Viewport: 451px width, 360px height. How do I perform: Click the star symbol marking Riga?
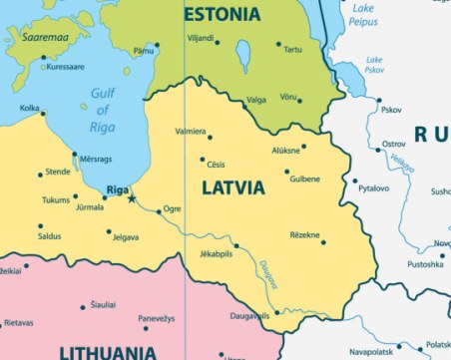point(132,199)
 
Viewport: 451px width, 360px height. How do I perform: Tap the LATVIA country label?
point(233,187)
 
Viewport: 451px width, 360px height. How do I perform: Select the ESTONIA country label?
point(222,14)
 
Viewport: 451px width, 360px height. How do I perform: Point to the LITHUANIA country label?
point(107,351)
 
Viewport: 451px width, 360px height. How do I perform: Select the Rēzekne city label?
point(304,234)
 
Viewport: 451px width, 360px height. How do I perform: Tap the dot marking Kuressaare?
point(43,58)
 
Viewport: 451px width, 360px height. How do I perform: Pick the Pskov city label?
point(391,110)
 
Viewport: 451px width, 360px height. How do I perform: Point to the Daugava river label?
point(270,274)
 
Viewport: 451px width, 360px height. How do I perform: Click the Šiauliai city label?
point(102,304)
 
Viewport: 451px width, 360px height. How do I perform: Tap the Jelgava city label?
point(125,237)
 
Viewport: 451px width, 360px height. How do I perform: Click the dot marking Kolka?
point(42,114)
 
